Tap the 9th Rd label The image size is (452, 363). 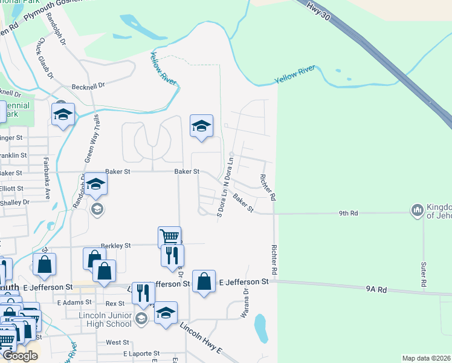(349, 213)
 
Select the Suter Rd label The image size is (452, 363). (424, 274)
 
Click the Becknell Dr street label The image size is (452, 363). (88, 86)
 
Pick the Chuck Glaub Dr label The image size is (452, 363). (45, 59)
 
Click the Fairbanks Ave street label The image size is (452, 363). (46, 178)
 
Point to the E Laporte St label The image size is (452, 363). (141, 353)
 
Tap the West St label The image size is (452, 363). (117, 342)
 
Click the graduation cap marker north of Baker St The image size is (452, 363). (201, 125)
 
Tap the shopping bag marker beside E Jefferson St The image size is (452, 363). (204, 281)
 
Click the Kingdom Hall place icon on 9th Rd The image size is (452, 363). (417, 211)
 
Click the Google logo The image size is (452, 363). (20, 356)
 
